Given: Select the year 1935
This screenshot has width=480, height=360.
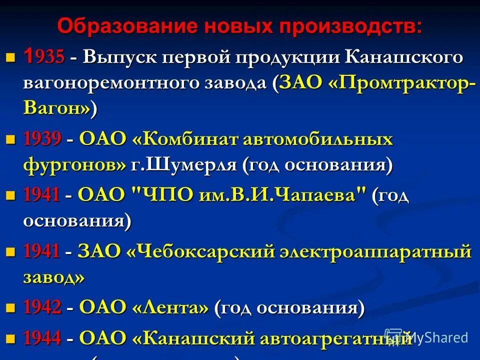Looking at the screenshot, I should [x=44, y=57].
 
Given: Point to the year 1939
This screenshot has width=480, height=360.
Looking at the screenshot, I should [x=42, y=139].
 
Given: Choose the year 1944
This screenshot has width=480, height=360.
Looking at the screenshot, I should [x=42, y=338].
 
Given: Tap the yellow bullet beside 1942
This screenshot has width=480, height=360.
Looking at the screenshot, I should [x=10, y=307].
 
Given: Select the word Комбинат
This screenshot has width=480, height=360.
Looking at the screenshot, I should [x=186, y=139].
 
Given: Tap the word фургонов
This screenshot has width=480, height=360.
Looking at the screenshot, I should [x=74, y=165].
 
